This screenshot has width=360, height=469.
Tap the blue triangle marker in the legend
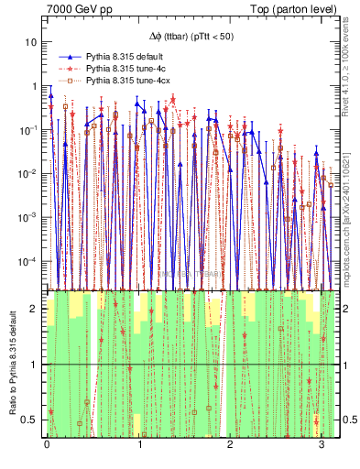click(68, 57)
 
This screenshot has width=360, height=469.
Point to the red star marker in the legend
click(68, 69)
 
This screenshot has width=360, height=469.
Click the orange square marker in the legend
click(68, 81)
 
